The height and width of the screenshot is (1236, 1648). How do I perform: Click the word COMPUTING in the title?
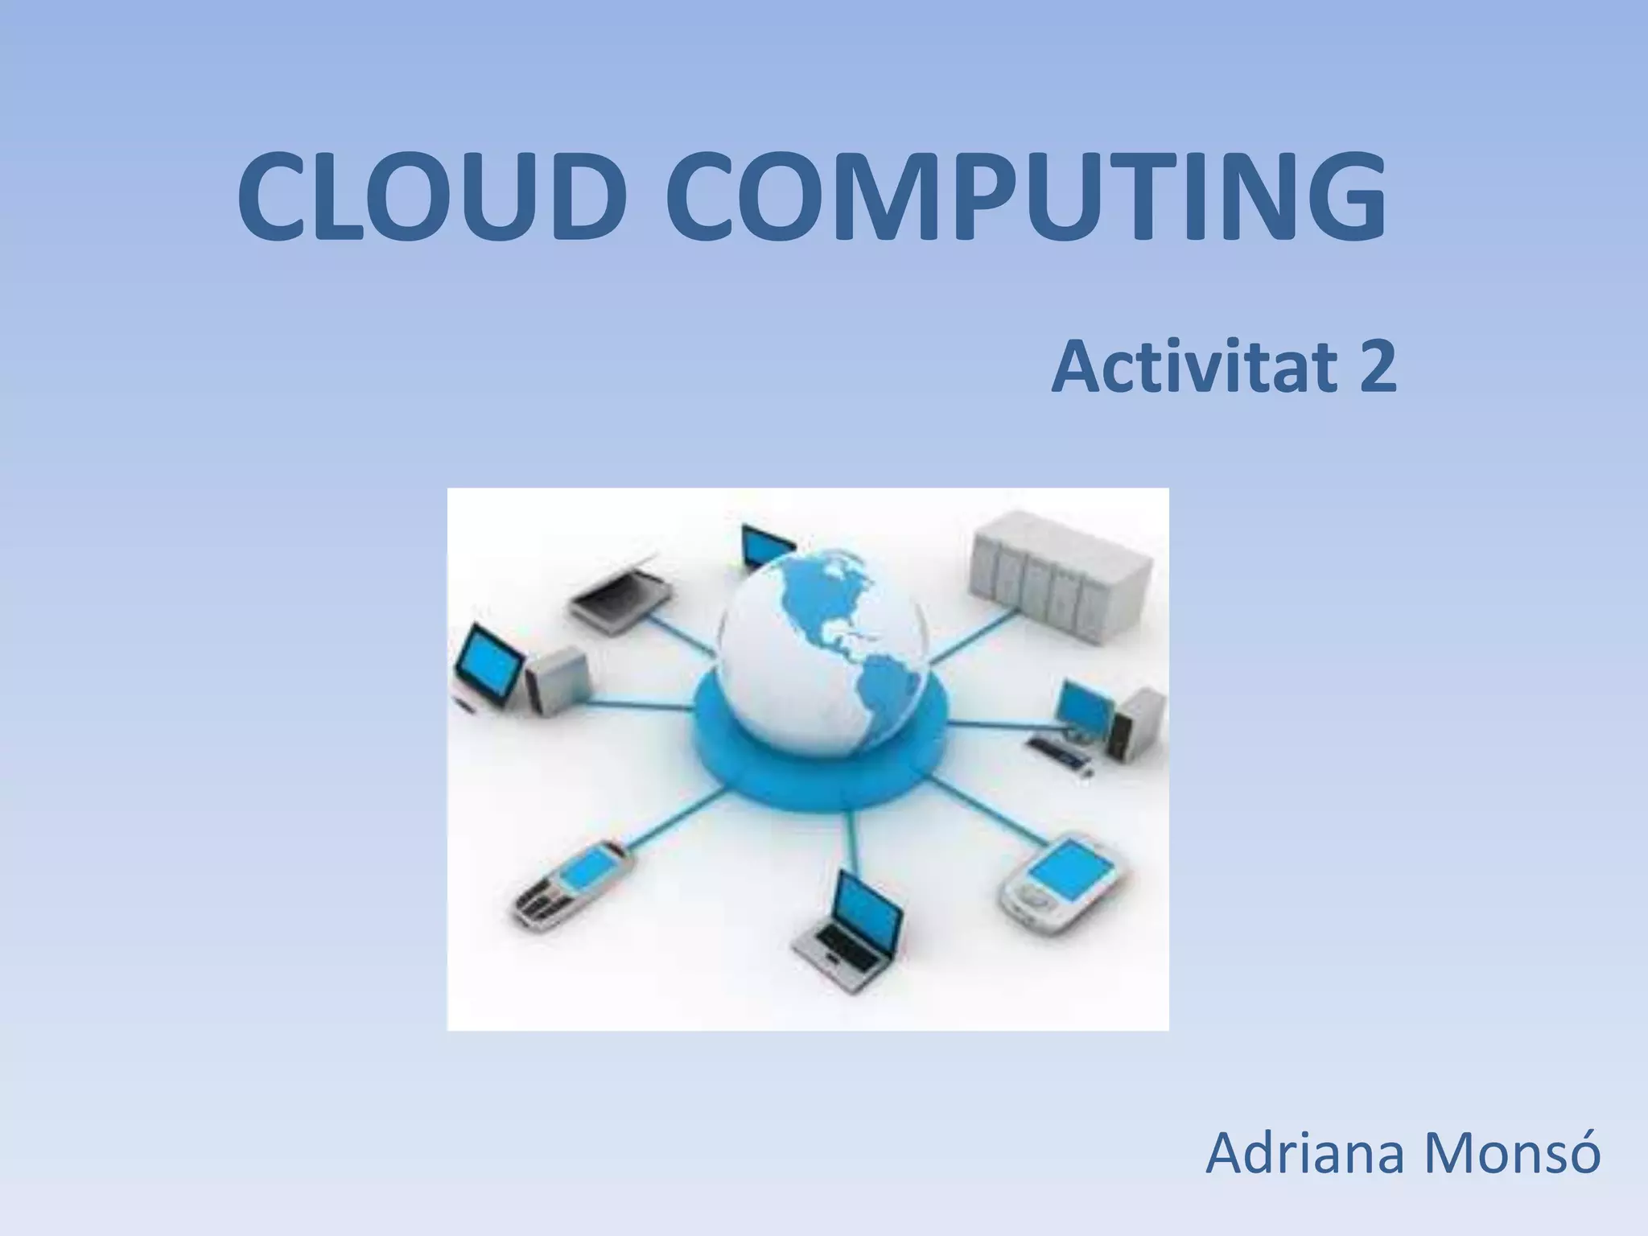tap(1026, 197)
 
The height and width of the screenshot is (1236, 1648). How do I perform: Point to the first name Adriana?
tap(1304, 1154)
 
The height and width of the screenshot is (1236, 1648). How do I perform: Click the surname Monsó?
tap(1512, 1152)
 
